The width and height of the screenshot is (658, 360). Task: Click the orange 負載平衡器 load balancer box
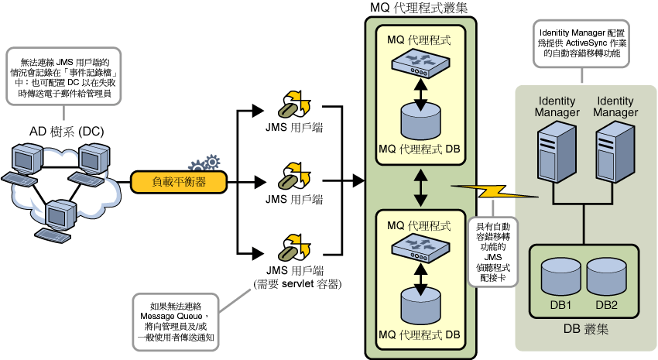pos(179,182)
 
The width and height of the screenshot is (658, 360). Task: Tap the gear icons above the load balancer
pos(204,163)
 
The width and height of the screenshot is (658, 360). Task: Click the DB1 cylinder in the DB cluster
pos(560,276)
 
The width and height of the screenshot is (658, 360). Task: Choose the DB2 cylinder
pos(606,276)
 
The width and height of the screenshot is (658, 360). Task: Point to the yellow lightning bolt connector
pos(495,191)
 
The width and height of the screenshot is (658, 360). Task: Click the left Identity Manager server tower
pos(557,152)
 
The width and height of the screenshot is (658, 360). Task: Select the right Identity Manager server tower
pos(615,152)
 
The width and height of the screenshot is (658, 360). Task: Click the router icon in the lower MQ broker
pos(420,249)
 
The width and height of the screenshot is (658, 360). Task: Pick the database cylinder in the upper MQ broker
pos(420,121)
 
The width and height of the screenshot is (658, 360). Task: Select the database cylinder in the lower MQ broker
pos(420,306)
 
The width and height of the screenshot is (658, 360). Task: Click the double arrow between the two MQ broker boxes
pos(420,187)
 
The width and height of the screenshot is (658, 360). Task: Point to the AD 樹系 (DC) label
pos(67,132)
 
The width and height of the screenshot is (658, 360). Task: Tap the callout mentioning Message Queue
pos(176,322)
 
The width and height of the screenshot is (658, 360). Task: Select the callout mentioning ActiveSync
pos(581,43)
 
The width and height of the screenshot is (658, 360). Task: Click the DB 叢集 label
pos(585,329)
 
